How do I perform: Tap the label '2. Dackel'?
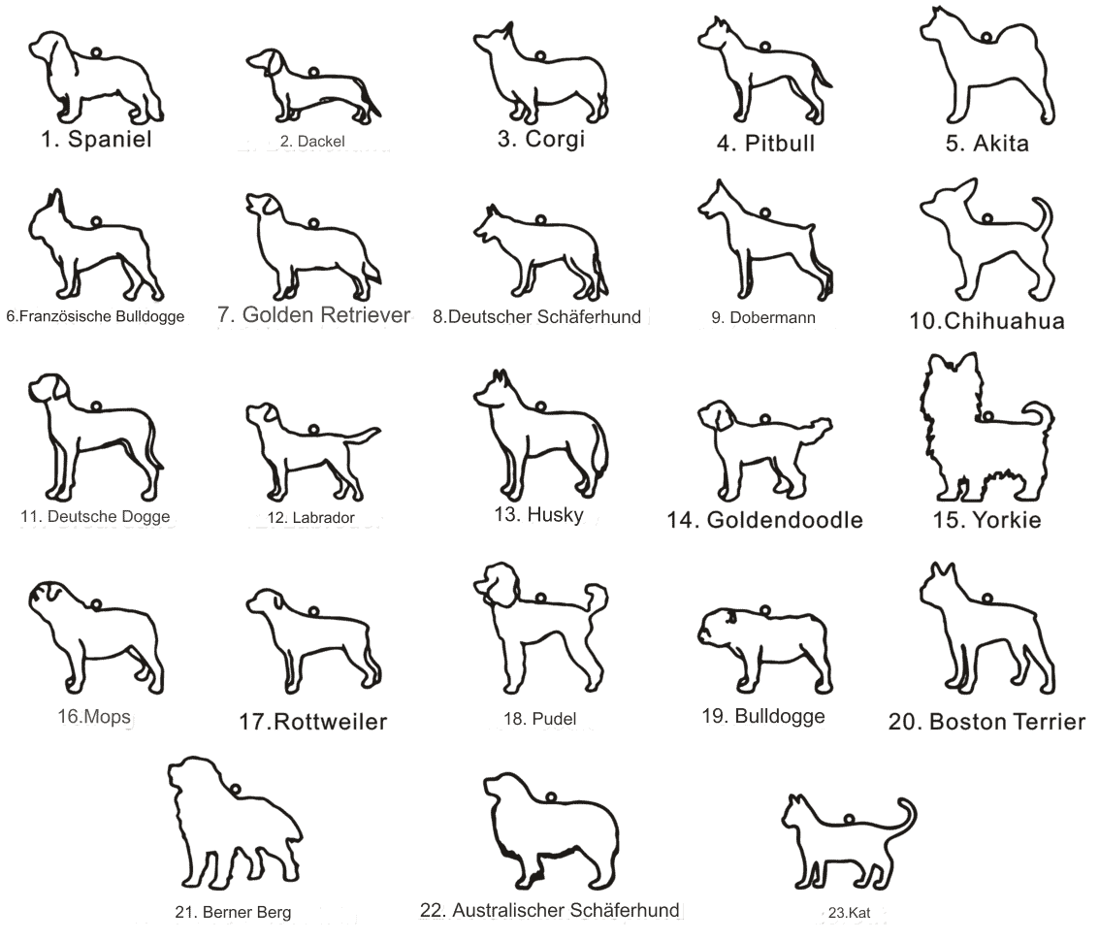[312, 141]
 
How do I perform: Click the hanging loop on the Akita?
[986, 37]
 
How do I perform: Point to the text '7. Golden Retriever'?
[313, 315]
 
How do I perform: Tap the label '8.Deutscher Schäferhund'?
[536, 317]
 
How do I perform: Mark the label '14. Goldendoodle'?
[764, 520]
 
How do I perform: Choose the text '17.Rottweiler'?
[313, 722]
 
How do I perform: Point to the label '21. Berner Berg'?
[233, 912]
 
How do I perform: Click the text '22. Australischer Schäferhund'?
[550, 910]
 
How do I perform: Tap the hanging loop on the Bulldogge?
[765, 611]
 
